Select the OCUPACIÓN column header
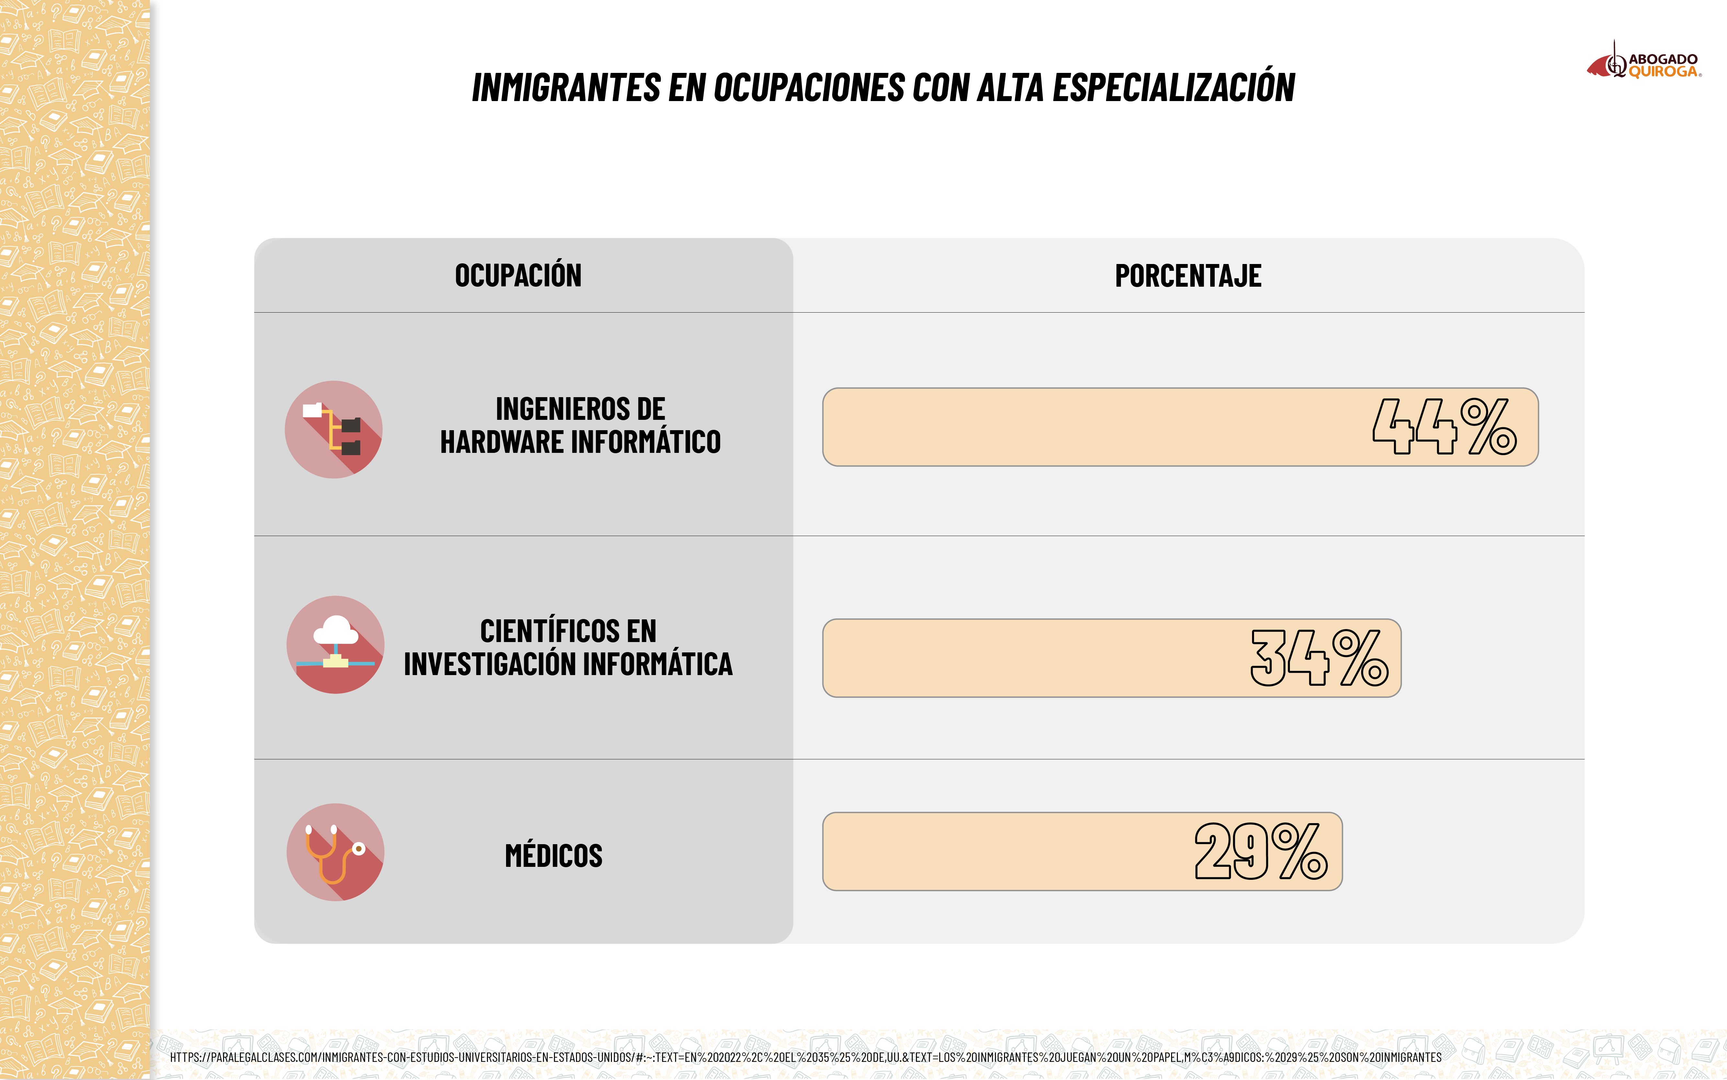point(518,276)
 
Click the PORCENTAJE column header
point(1188,276)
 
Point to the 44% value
point(1444,427)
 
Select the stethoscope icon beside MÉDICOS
point(335,852)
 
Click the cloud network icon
point(335,644)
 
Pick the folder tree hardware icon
point(333,429)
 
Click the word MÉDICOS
point(553,856)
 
